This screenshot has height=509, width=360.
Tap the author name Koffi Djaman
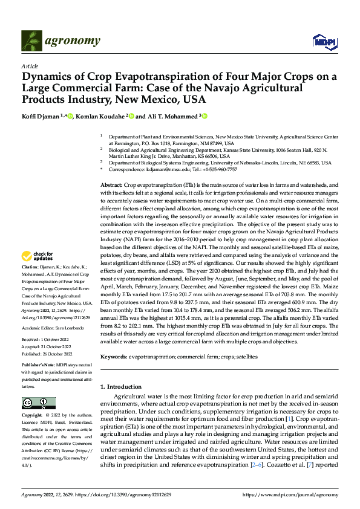point(41,116)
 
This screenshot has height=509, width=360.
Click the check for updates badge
point(38,273)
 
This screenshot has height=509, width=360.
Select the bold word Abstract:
point(111,184)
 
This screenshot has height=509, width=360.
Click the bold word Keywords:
point(113,357)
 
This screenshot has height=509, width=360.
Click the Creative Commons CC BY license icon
point(38,403)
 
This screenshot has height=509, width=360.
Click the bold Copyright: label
point(32,416)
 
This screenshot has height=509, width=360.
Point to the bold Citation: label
point(31,283)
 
